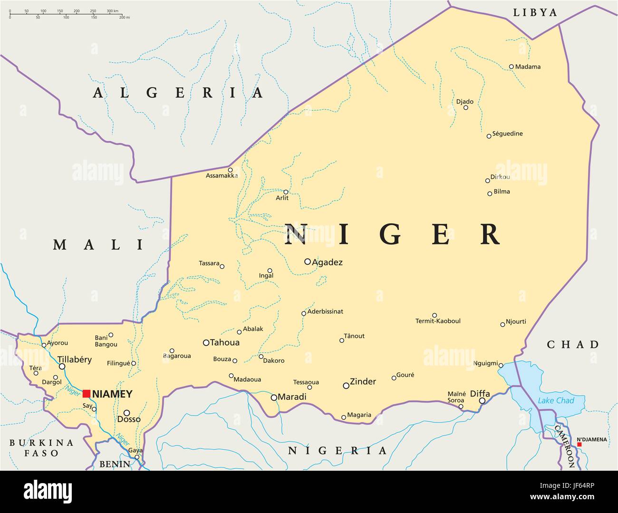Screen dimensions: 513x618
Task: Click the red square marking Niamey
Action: (x=87, y=393)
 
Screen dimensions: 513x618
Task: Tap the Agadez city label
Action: (x=327, y=262)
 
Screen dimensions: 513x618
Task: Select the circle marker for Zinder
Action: (x=346, y=386)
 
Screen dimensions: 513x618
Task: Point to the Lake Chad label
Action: (x=556, y=400)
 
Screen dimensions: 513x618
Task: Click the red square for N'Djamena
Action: (x=579, y=445)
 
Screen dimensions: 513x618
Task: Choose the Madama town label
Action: (x=528, y=67)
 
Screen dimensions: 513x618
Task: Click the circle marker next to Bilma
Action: (x=490, y=193)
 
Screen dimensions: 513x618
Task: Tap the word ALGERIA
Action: (x=178, y=93)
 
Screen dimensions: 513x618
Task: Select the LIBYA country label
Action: (x=535, y=12)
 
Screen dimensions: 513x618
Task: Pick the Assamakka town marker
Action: (x=230, y=170)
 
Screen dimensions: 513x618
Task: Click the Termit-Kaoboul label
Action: (x=438, y=321)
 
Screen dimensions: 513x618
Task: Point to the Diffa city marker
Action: (x=482, y=401)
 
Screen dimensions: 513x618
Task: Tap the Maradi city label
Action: (x=292, y=397)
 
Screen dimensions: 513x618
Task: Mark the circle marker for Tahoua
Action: (x=206, y=342)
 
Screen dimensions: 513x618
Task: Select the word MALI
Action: (x=98, y=245)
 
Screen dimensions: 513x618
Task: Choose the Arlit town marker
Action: (x=286, y=192)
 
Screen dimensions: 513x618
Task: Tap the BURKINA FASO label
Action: (x=41, y=448)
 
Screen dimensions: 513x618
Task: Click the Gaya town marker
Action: (x=137, y=457)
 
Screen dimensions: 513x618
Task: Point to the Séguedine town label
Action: (x=507, y=134)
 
